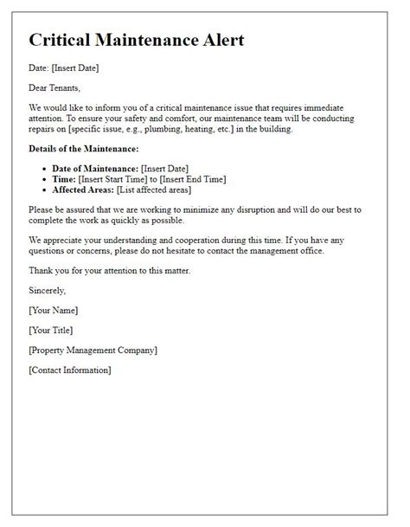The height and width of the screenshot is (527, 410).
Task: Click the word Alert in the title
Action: (x=215, y=40)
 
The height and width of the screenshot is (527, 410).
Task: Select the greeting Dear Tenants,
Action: (x=57, y=87)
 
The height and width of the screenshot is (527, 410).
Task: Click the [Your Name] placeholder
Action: (x=54, y=310)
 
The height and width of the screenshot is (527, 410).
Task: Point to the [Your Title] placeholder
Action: (x=51, y=330)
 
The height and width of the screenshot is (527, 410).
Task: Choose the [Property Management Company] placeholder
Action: (x=93, y=350)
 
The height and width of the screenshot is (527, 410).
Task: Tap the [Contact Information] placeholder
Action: (x=69, y=370)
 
